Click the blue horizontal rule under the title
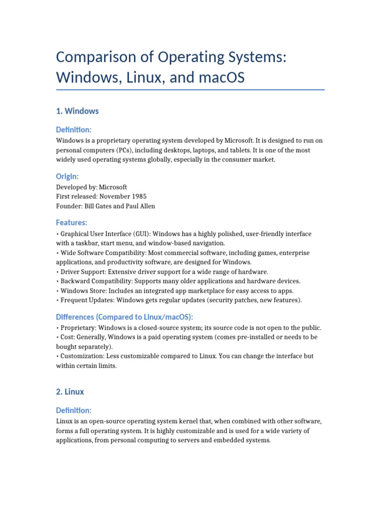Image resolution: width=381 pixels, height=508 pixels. click(x=190, y=90)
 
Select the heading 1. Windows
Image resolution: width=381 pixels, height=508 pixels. click(x=77, y=111)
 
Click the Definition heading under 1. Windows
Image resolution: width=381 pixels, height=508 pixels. click(x=74, y=129)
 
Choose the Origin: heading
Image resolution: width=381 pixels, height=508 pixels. click(x=67, y=177)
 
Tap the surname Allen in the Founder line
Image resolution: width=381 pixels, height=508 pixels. click(x=145, y=206)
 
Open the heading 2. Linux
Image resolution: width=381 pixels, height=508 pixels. click(x=70, y=392)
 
